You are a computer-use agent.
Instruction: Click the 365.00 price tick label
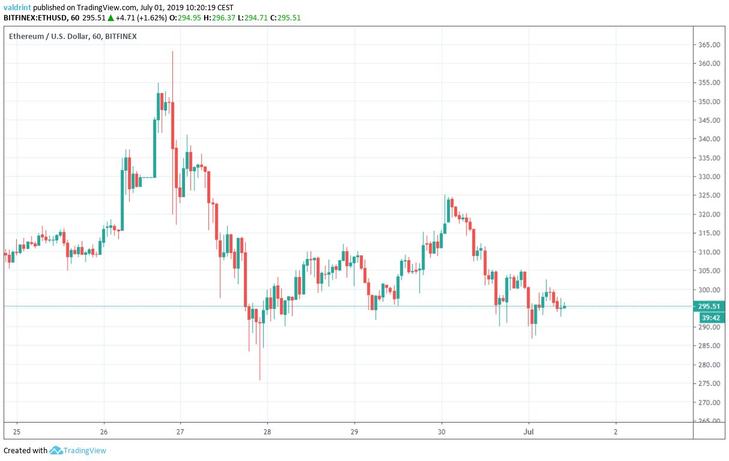[709, 45]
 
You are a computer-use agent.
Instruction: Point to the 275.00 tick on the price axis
[709, 383]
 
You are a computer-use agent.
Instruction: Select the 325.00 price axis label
[709, 195]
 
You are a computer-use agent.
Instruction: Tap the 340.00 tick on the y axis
[709, 139]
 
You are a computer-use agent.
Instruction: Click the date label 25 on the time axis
[17, 432]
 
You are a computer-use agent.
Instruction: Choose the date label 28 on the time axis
[267, 432]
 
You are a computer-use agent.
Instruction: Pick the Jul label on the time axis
[529, 432]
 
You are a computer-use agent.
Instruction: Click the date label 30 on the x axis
[442, 432]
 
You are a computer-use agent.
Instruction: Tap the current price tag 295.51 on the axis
[709, 306]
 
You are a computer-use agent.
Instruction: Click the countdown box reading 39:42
[710, 317]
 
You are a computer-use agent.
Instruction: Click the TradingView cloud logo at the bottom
[56, 450]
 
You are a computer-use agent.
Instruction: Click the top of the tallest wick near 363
[172, 52]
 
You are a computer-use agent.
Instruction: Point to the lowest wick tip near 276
[260, 379]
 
